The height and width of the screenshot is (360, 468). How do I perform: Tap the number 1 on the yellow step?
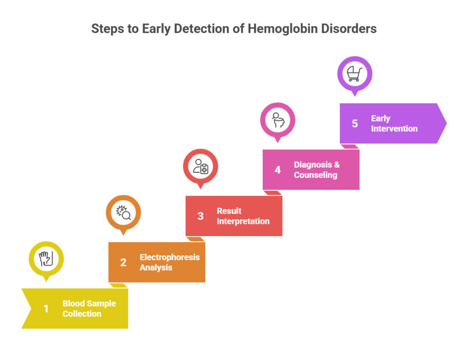[x=46, y=309]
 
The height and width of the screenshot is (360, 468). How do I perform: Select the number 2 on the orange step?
[x=123, y=262]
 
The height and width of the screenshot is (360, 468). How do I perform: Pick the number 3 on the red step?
[x=200, y=216]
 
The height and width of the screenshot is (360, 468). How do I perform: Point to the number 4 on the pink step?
[x=277, y=170]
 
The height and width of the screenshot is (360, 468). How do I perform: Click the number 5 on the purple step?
[x=355, y=123]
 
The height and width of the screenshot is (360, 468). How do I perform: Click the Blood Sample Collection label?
[x=89, y=308]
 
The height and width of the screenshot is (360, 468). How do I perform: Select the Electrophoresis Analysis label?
[x=170, y=262]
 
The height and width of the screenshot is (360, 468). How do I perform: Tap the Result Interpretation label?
[x=243, y=216]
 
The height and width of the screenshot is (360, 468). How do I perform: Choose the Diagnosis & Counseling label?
[x=317, y=169]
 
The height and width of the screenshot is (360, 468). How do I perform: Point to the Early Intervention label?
[x=394, y=123]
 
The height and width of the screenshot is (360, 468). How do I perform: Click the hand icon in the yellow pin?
[x=46, y=259]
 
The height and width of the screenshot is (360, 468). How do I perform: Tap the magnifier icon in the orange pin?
[x=123, y=212]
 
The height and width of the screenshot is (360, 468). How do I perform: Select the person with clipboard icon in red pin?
[x=201, y=166]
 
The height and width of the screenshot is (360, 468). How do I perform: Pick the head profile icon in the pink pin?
[x=277, y=120]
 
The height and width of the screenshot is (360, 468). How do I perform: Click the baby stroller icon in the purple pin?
[x=355, y=74]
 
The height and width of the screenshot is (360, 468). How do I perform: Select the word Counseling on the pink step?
[x=315, y=175]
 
